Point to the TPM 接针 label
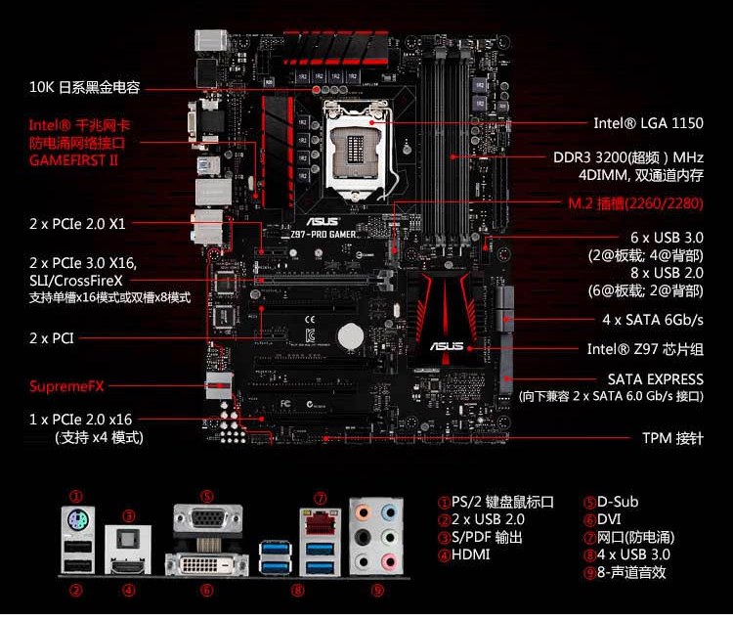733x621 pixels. pos(672,438)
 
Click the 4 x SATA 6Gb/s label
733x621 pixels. pos(652,320)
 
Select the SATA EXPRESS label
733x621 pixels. pos(655,378)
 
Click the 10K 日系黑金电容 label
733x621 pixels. pos(84,87)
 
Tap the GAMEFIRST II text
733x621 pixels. pos(73,158)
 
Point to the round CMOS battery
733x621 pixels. pos(351,336)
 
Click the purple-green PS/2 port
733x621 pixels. pos(76,520)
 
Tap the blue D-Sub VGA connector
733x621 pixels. pos(206,519)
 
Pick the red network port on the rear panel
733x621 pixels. pos(320,527)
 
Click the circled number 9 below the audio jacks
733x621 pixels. pos(377,590)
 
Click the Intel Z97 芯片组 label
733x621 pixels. pos(644,349)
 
